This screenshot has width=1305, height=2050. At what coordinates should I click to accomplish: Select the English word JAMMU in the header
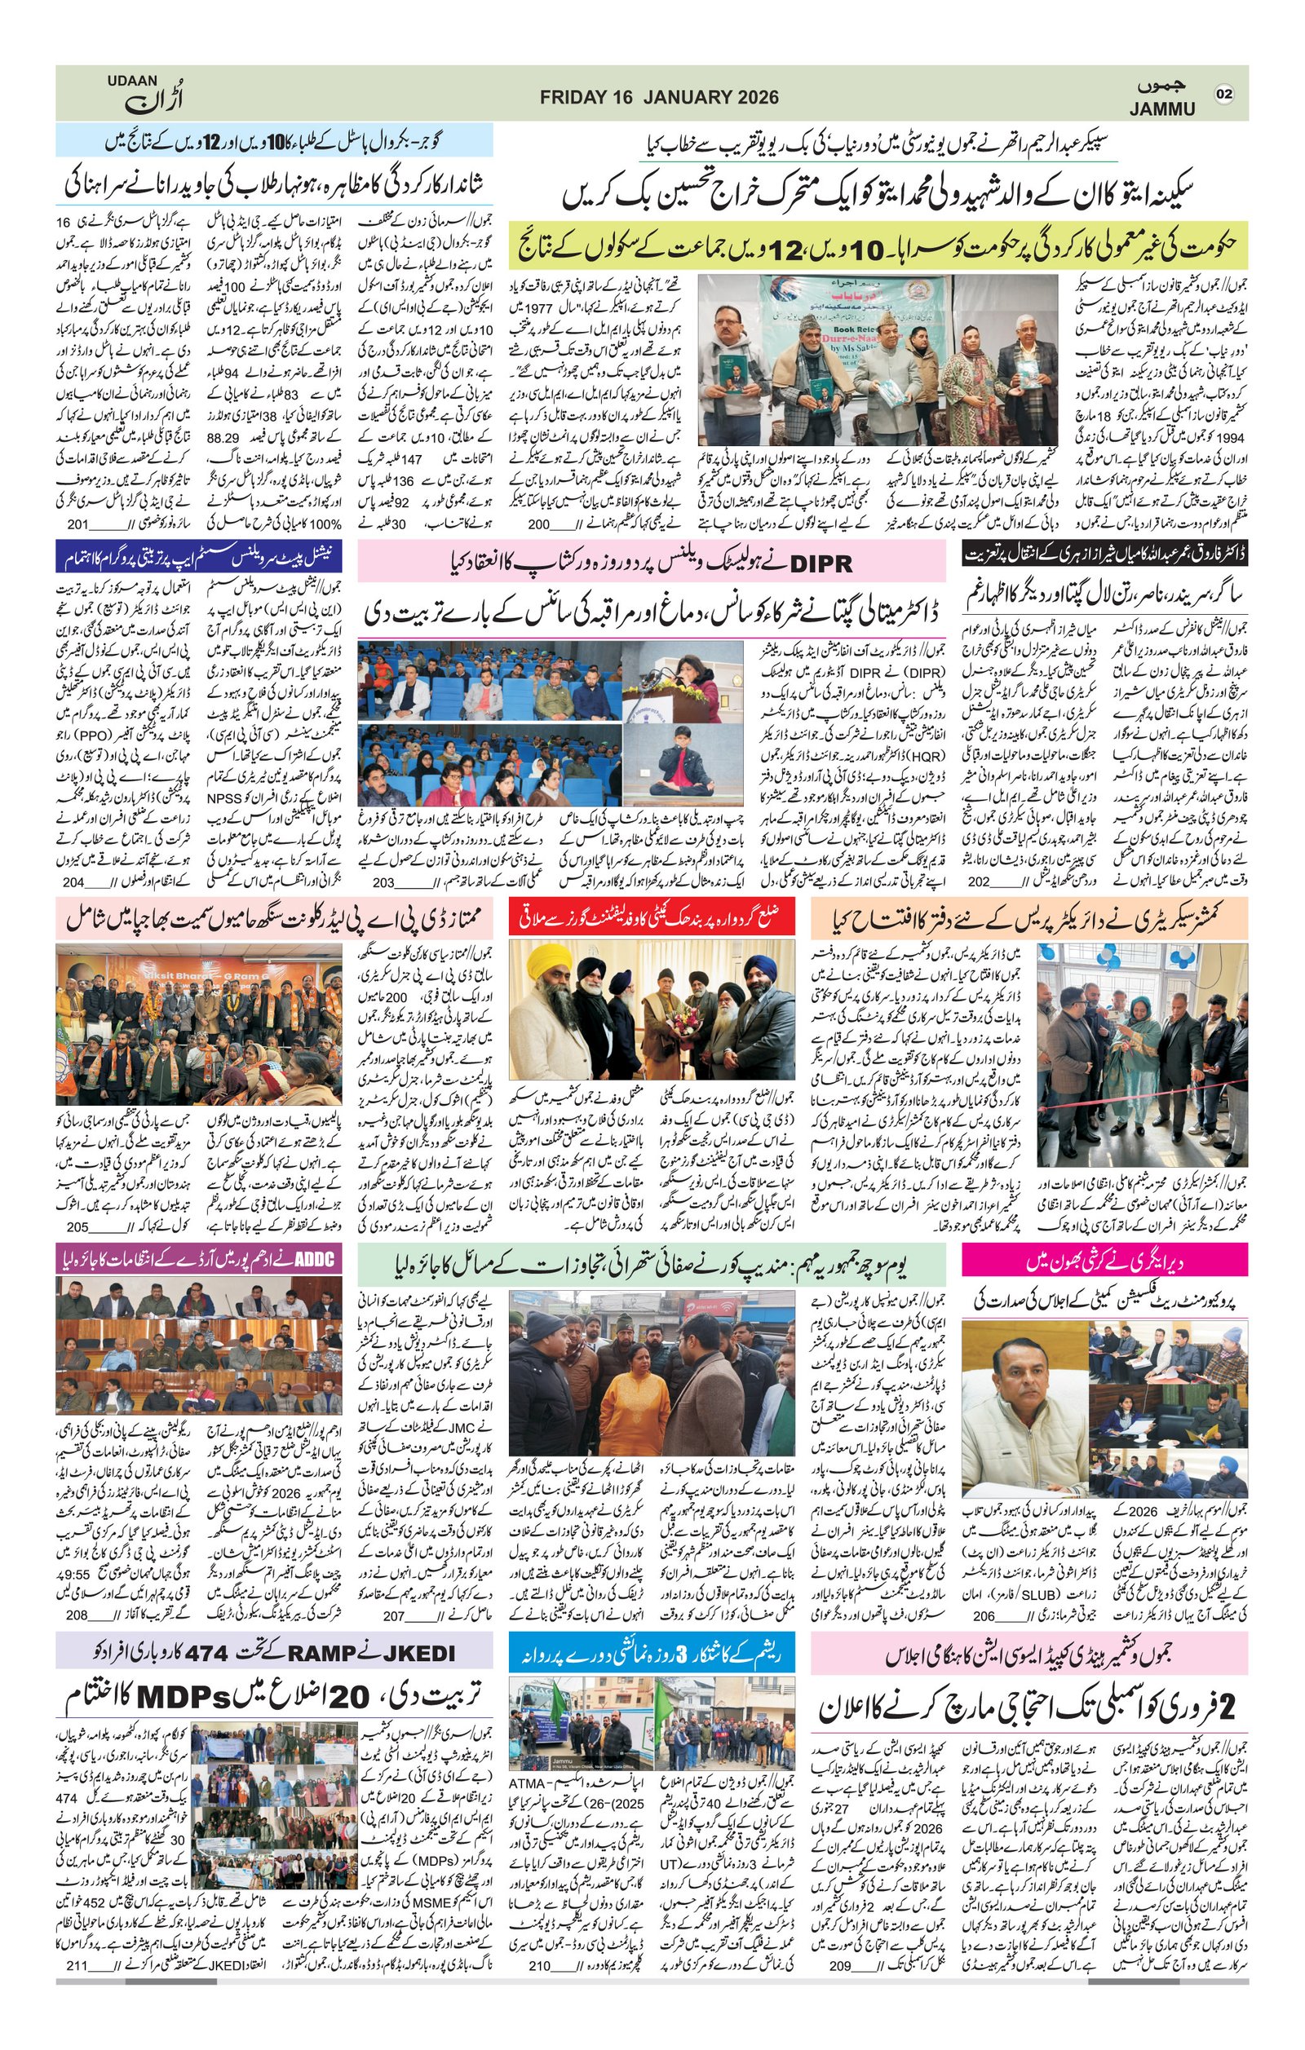click(x=1161, y=109)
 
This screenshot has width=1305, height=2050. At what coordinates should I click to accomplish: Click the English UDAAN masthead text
click(x=132, y=81)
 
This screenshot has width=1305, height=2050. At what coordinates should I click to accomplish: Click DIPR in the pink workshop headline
click(x=821, y=563)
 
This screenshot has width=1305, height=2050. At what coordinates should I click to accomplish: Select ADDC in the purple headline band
click(x=314, y=1259)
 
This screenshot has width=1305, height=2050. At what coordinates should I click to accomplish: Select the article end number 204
click(x=73, y=882)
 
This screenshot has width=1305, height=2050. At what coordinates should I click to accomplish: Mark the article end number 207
click(x=393, y=1616)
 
